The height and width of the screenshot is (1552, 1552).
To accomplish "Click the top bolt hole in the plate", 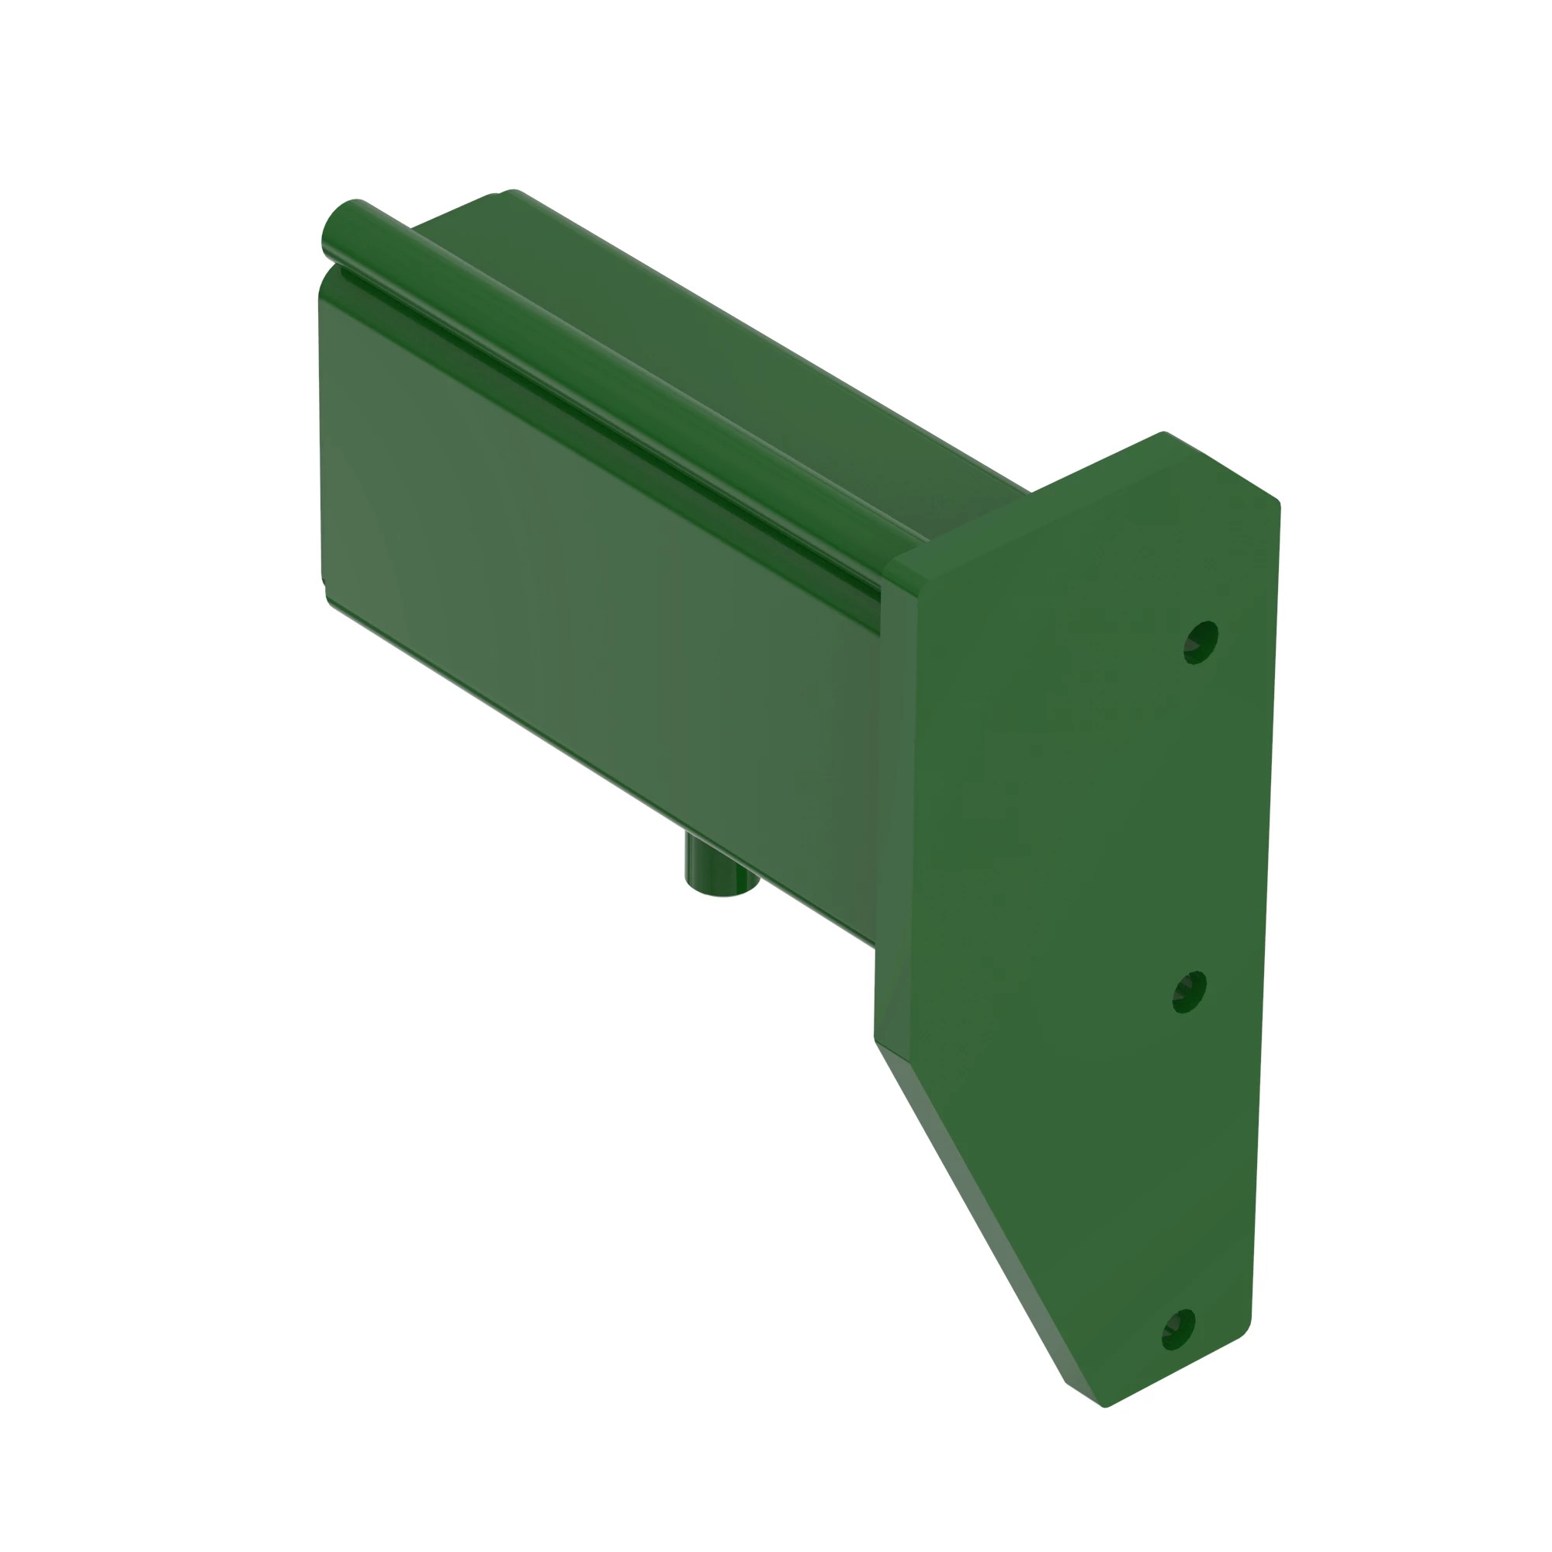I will (x=1201, y=642).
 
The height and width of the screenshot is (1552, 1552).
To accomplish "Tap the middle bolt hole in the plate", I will (x=1190, y=991).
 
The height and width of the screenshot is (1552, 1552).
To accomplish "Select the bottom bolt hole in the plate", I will (x=1179, y=1329).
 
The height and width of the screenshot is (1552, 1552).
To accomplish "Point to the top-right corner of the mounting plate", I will (x=1277, y=503).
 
